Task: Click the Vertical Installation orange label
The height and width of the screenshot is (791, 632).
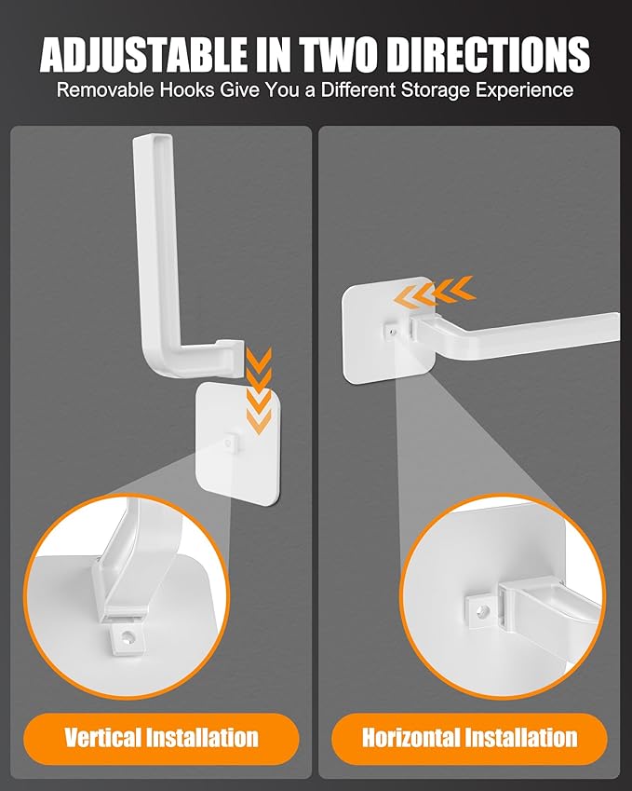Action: pos(161,740)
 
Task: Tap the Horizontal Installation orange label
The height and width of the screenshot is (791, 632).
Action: pos(469,740)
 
